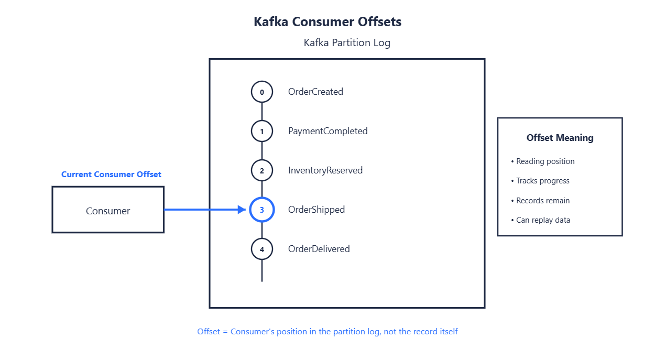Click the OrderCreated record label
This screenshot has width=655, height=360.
315,92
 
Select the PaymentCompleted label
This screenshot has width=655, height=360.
328,131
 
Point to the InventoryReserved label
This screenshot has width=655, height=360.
325,170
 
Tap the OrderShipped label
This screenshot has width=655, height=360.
316,210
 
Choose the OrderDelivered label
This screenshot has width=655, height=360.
319,249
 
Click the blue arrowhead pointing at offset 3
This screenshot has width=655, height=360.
242,210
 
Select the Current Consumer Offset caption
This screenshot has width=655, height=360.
111,174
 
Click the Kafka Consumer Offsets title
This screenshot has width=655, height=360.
327,21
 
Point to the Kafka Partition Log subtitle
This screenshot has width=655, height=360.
347,42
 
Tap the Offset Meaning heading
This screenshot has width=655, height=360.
560,138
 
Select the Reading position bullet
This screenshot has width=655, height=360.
543,161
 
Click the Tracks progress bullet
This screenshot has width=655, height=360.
540,181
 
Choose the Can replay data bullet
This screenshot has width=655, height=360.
540,220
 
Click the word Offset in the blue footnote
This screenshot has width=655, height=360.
209,332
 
